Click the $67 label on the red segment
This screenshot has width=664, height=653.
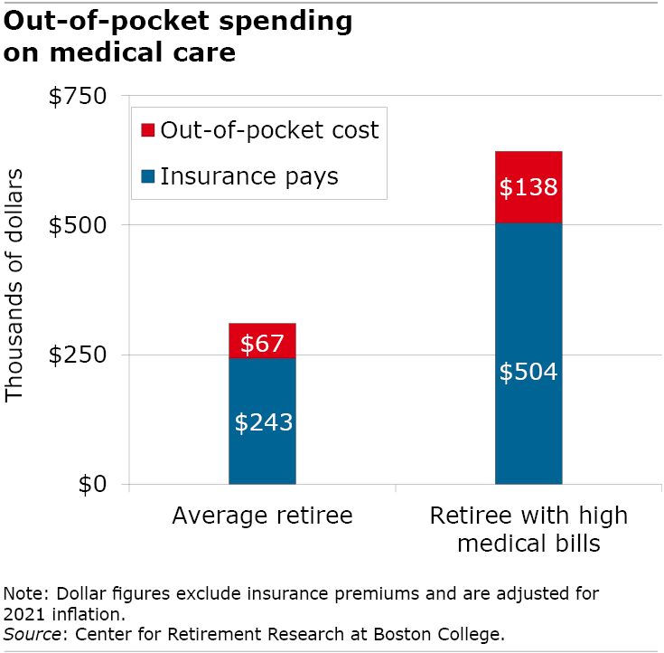pyautogui.click(x=262, y=344)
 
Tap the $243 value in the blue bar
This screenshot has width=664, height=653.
pyautogui.click(x=263, y=422)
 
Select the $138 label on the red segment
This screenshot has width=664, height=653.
pyautogui.click(x=528, y=188)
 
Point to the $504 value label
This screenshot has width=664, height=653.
pyautogui.click(x=528, y=372)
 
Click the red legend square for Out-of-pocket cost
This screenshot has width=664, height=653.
pyautogui.click(x=148, y=130)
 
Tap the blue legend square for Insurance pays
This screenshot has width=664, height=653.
pyautogui.click(x=148, y=176)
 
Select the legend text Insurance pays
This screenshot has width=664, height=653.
pyautogui.click(x=249, y=175)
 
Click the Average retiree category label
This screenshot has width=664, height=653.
pyautogui.click(x=262, y=516)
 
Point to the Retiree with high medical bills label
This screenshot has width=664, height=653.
pyautogui.click(x=528, y=530)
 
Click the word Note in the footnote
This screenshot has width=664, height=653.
pyautogui.click(x=23, y=594)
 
